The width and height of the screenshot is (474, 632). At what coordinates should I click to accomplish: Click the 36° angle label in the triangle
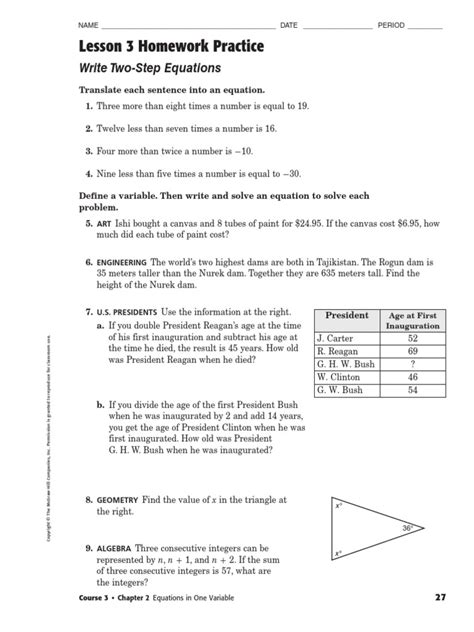[409, 527]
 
